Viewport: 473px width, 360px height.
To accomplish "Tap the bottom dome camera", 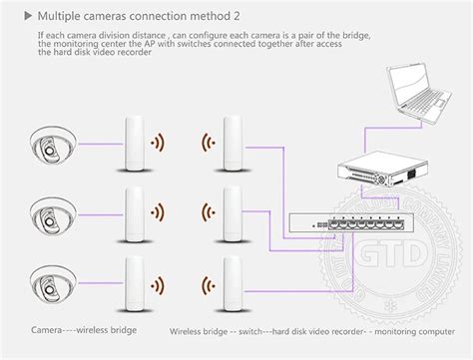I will point(51,277).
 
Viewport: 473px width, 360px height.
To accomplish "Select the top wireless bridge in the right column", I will point(233,145).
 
